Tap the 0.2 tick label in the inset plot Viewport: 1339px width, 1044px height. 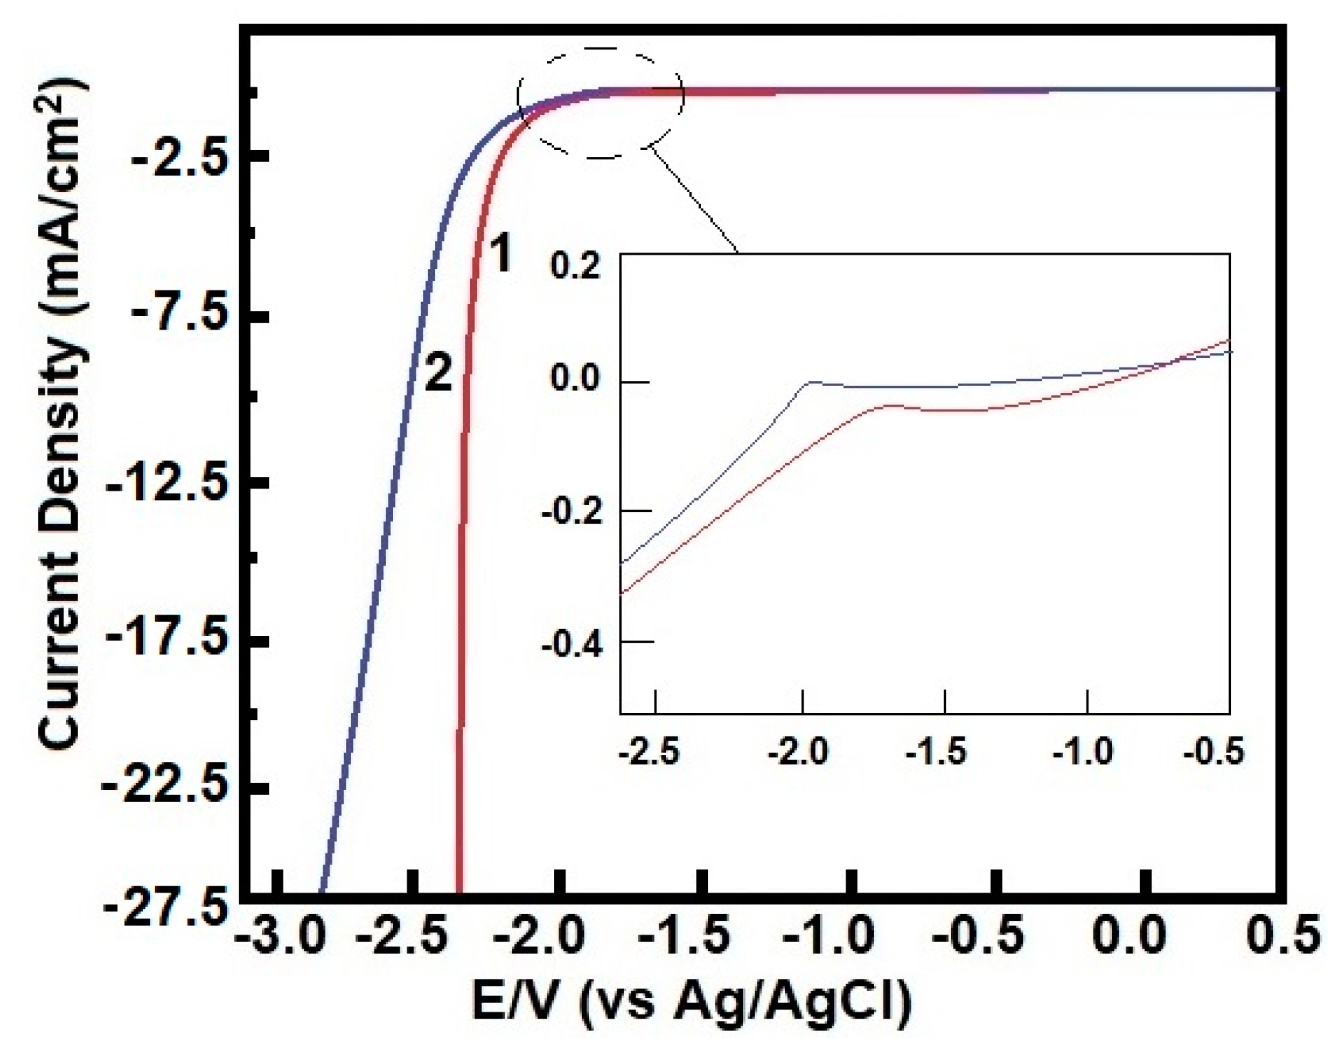click(575, 267)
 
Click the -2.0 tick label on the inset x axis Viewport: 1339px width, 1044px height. click(798, 752)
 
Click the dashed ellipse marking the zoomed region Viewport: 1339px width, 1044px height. click(601, 50)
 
